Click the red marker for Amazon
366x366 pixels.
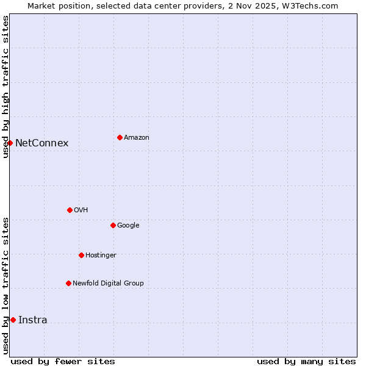click(120, 137)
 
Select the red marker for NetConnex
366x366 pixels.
click(10, 143)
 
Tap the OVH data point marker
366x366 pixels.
click(70, 210)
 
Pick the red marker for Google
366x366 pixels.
click(113, 225)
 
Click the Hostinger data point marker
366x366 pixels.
click(81, 255)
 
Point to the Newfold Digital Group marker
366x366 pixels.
click(68, 283)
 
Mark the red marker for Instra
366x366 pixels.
click(13, 320)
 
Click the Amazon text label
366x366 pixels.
click(137, 138)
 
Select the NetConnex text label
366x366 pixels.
click(41, 143)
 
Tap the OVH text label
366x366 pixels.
click(81, 210)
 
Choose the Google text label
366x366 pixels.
click(128, 226)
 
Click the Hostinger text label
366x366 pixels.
click(101, 256)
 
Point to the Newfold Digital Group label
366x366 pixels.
click(108, 284)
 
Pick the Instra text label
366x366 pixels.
click(32, 320)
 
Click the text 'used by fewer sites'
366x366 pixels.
click(63, 362)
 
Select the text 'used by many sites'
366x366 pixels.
click(306, 362)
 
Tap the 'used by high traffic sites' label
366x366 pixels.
click(5, 87)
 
